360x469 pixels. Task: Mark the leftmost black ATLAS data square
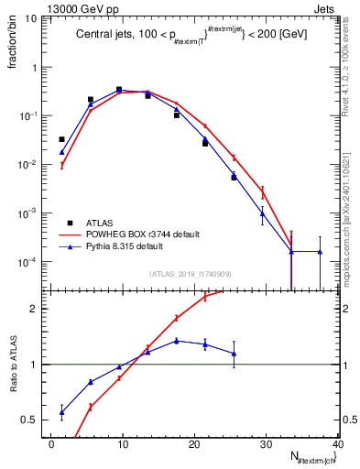pyautogui.click(x=61, y=139)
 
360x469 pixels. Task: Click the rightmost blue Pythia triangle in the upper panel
pyautogui.click(x=320, y=252)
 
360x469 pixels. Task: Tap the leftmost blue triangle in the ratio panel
pyautogui.click(x=61, y=412)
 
